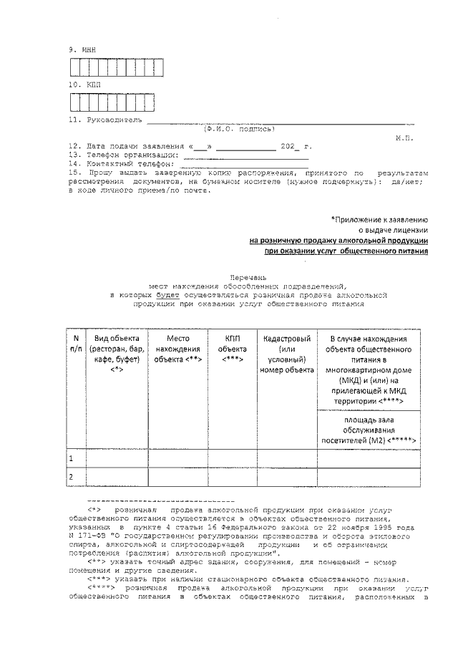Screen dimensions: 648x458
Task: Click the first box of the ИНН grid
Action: pos(74,67)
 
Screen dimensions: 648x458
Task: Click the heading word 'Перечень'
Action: pos(247,276)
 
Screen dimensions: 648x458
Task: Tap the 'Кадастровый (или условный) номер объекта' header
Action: pos(286,354)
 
